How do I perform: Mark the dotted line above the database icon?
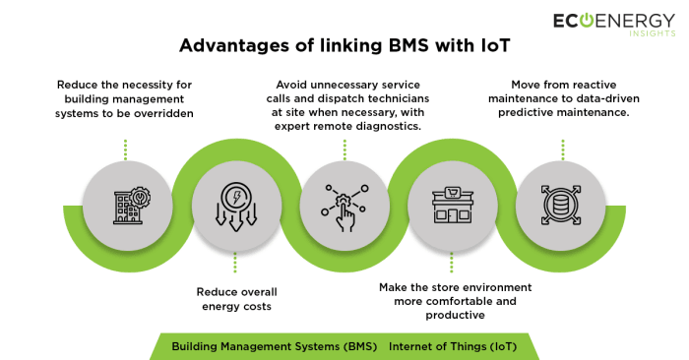pyautogui.click(x=562, y=149)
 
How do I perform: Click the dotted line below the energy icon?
pyautogui.click(x=234, y=263)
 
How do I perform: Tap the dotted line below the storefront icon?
pyautogui.click(x=452, y=263)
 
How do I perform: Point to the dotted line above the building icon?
pyautogui.click(x=126, y=149)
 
